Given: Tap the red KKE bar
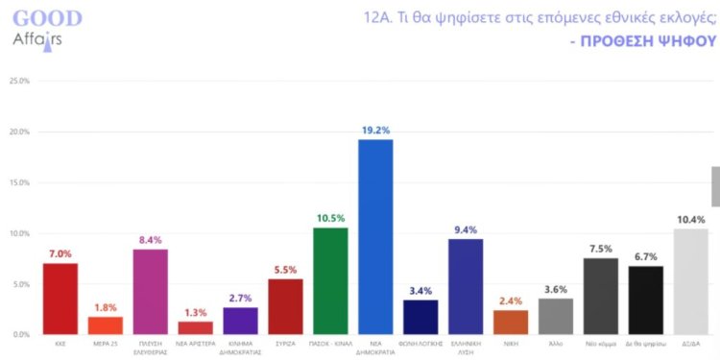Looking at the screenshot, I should point(60,299).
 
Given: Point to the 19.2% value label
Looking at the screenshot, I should point(375,130).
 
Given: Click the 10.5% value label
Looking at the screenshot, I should point(330,218).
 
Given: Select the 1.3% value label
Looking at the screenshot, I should point(195,311).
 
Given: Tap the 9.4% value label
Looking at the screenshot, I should point(466,229).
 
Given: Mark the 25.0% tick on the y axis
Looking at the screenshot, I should point(19,82).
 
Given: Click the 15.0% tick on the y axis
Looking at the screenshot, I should point(19,182).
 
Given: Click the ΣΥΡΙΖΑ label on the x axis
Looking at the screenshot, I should point(285,343).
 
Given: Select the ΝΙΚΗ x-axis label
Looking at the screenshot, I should point(511,343).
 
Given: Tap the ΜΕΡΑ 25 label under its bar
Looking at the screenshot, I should point(105,343).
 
